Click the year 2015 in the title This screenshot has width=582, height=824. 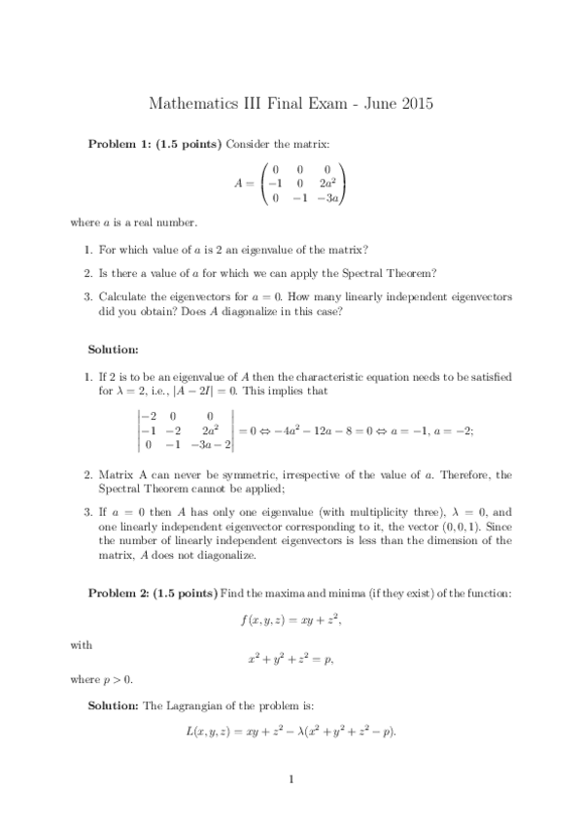[x=416, y=102]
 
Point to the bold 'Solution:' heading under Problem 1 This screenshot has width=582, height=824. [x=114, y=348]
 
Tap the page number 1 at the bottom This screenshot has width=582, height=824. [x=291, y=778]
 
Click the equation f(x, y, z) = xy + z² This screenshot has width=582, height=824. [x=291, y=618]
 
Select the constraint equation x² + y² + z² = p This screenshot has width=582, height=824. [x=291, y=659]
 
